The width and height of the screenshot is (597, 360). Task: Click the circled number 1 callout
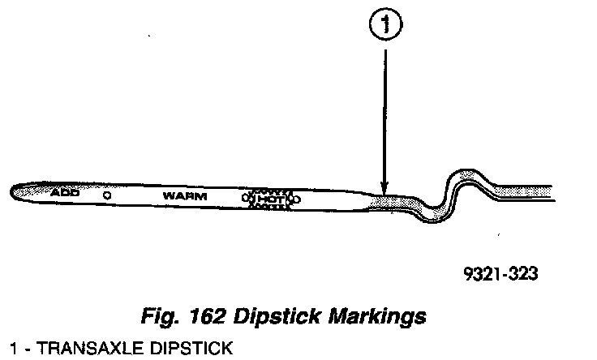click(385, 24)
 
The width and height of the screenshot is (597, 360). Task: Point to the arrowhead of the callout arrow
click(384, 189)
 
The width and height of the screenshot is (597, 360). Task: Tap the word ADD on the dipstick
click(65, 192)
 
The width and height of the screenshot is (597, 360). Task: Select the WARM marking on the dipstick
click(185, 196)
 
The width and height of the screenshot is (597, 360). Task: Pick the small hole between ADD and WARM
click(107, 195)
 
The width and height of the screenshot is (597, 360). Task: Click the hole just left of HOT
click(246, 198)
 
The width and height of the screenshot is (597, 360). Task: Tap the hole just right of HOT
click(296, 199)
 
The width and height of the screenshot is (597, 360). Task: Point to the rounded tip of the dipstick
click(12, 192)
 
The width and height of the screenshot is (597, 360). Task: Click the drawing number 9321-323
click(500, 273)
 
